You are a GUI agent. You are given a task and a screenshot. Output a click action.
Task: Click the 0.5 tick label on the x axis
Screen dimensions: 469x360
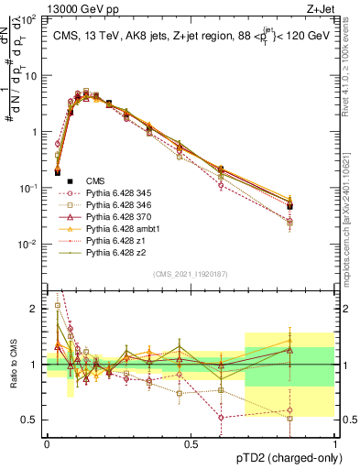click(191, 443)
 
